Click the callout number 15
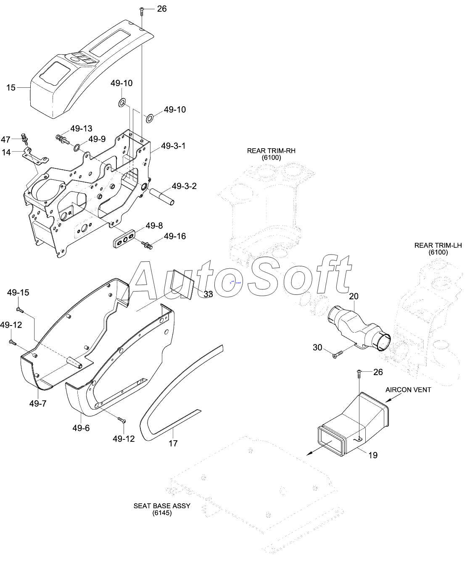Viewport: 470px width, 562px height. (x=11, y=87)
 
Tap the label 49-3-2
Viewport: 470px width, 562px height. (x=184, y=186)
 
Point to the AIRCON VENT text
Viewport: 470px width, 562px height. (x=408, y=390)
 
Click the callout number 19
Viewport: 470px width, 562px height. (x=373, y=455)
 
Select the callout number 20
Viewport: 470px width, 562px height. (x=354, y=296)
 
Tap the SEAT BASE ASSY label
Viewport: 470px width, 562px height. (x=162, y=506)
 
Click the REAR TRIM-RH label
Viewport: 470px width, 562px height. (x=271, y=150)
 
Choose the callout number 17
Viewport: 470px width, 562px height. (x=173, y=443)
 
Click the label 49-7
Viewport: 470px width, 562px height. (x=38, y=404)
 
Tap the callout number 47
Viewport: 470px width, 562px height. (x=5, y=139)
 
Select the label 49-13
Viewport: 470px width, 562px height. (x=81, y=129)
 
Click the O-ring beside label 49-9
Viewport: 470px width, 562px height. (x=77, y=147)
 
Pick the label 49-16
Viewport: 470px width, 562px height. (x=174, y=236)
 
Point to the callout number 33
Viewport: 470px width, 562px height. (x=208, y=294)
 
